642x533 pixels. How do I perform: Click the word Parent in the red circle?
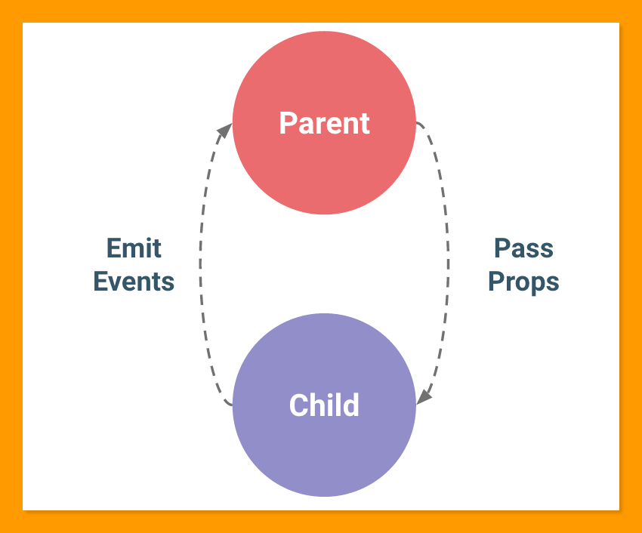click(x=324, y=123)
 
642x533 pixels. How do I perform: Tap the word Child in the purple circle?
click(x=324, y=405)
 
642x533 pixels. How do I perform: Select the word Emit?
click(x=134, y=248)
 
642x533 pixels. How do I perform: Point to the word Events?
click(x=134, y=282)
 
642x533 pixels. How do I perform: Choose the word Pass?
click(x=523, y=248)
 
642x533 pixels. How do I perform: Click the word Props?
click(x=523, y=282)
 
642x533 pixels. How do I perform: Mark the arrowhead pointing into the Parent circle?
click(x=225, y=131)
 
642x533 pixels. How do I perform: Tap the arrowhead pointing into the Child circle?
click(x=424, y=397)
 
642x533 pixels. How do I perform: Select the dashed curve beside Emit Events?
click(x=200, y=264)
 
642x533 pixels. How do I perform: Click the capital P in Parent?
click(x=288, y=123)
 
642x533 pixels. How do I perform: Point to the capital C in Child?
click(x=298, y=405)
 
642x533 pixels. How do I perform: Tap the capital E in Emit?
click(x=114, y=248)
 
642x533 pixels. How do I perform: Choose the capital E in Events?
click(x=100, y=282)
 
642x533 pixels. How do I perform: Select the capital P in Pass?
click(x=502, y=248)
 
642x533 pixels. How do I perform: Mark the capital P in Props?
click(x=496, y=282)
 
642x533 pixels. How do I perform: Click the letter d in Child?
click(x=352, y=405)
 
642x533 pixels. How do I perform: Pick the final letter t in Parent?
click(x=366, y=124)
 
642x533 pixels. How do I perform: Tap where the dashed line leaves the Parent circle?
click(x=416, y=122)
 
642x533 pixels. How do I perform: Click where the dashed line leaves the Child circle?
click(x=233, y=405)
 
